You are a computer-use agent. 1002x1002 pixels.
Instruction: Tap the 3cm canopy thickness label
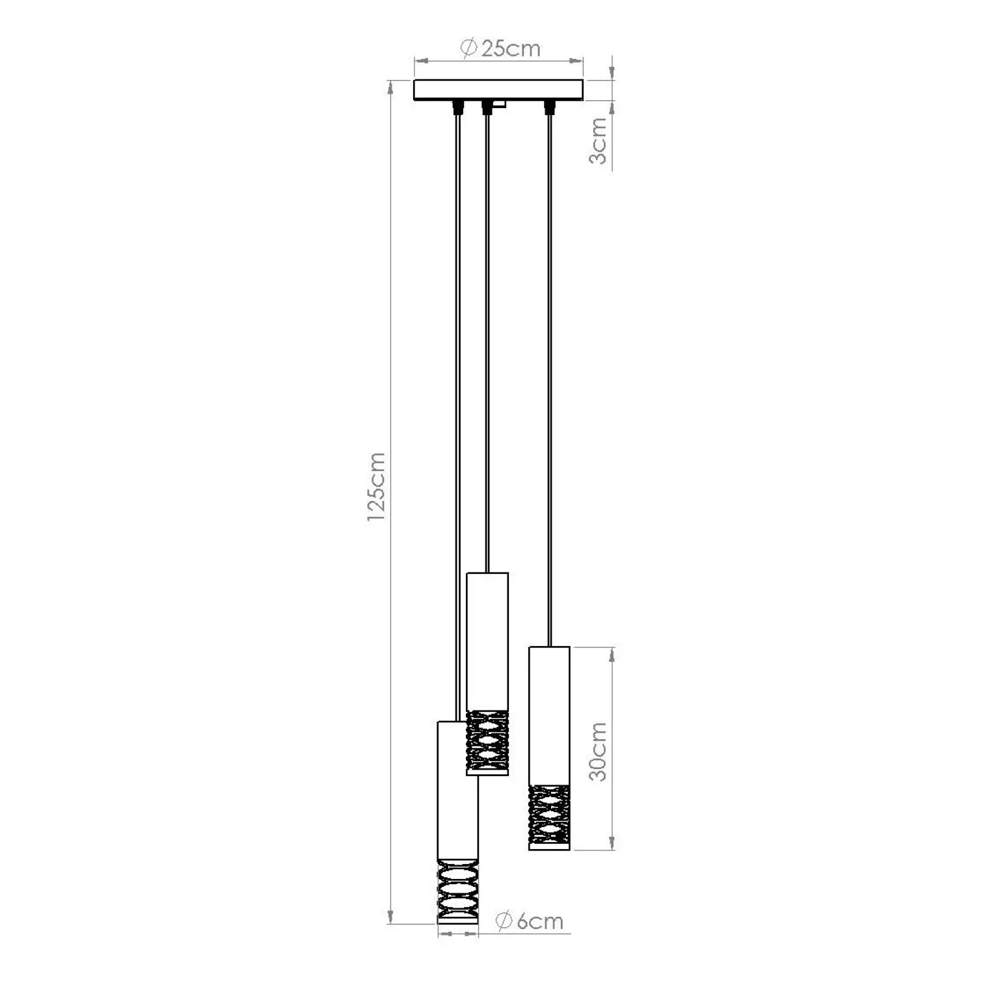tap(598, 141)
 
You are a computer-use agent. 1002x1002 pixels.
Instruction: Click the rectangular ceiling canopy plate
tap(499, 90)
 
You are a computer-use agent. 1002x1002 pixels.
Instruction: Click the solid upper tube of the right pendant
tap(549, 716)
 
